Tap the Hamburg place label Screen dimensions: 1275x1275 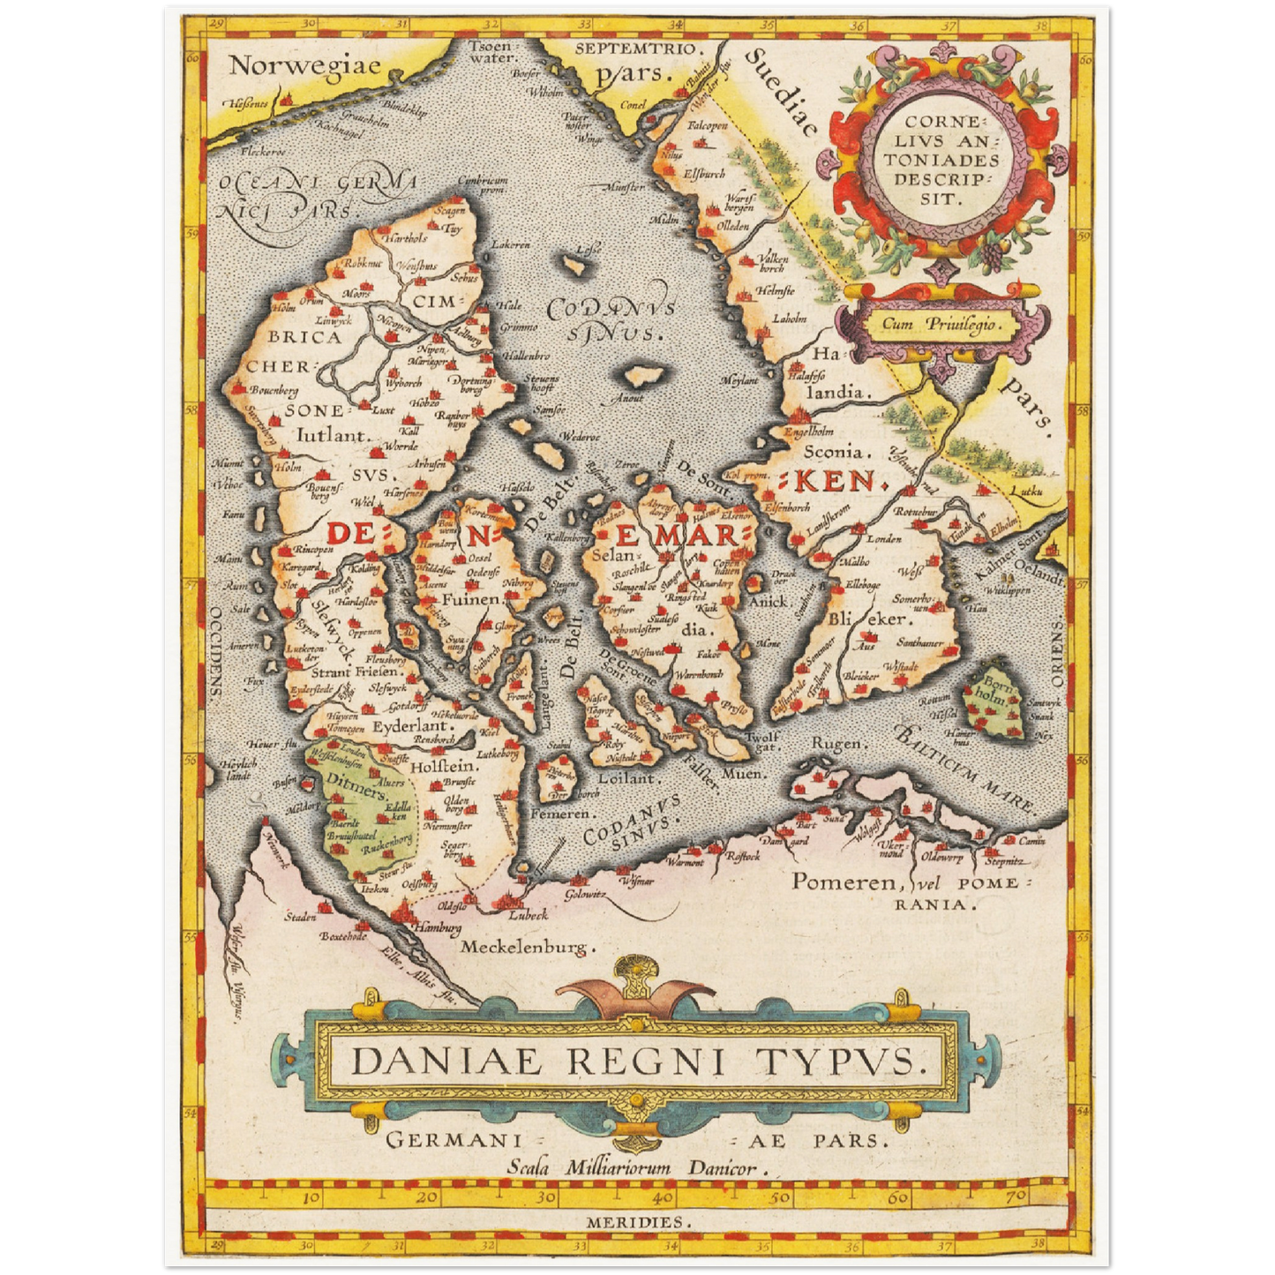(x=438, y=928)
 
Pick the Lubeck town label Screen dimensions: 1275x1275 (x=527, y=915)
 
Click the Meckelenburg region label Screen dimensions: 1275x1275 (x=524, y=948)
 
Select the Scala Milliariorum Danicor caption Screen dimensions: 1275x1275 (x=633, y=1167)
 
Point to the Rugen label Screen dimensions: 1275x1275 (x=836, y=744)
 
